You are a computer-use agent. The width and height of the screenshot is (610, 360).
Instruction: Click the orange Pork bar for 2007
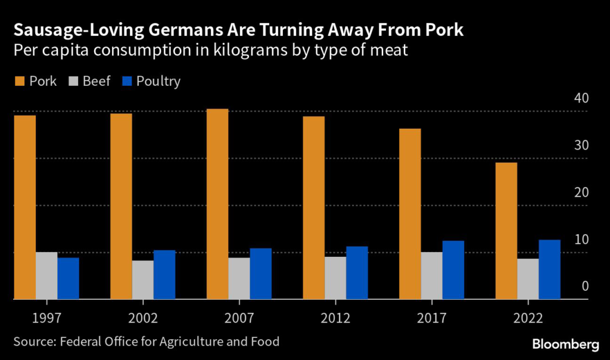click(217, 204)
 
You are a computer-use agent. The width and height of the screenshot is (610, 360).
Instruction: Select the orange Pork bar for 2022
click(506, 231)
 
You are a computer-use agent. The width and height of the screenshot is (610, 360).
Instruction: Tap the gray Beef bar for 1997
click(46, 275)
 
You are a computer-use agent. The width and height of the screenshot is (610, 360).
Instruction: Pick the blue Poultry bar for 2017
click(453, 270)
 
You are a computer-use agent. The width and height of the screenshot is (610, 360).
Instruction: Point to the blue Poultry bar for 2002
click(164, 275)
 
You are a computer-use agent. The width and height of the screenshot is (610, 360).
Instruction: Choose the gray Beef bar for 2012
click(335, 278)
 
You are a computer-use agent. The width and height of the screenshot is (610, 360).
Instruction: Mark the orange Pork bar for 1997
click(25, 207)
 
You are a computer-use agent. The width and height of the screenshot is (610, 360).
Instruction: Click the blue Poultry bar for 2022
click(549, 269)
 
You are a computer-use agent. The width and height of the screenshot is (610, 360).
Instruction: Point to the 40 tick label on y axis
click(581, 98)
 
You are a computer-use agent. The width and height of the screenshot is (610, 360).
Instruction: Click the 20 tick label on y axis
click(581, 192)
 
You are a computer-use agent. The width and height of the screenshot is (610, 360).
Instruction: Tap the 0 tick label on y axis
click(584, 286)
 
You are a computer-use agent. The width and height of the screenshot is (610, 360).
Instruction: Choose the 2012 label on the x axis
click(335, 318)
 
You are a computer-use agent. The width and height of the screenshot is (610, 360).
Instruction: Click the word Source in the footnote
click(32, 342)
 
